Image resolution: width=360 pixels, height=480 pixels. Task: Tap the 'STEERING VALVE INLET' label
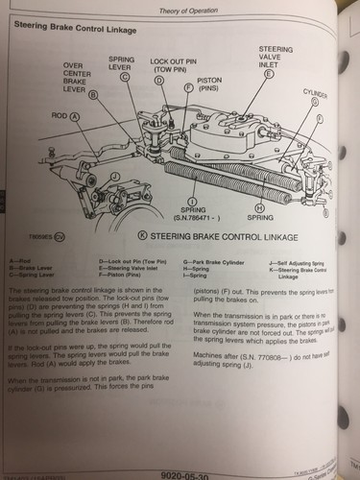pos(268,54)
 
